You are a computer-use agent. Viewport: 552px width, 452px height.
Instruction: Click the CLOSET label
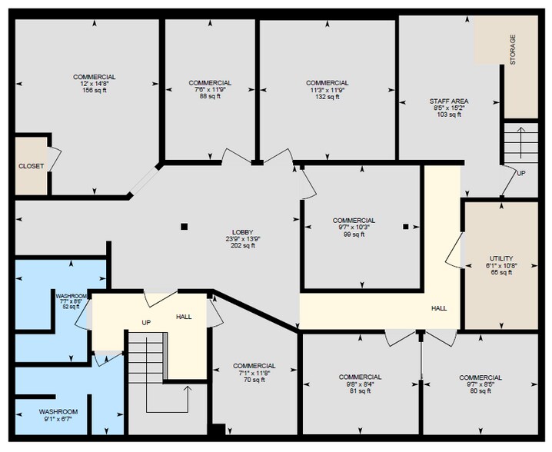pyautogui.click(x=32, y=166)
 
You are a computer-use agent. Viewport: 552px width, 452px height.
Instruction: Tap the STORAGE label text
pyautogui.click(x=513, y=49)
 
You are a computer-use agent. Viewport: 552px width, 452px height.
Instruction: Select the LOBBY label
pyautogui.click(x=242, y=232)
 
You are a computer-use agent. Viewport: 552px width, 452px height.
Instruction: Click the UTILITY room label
pyautogui.click(x=501, y=258)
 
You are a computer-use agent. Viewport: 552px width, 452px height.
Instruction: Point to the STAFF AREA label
pyautogui.click(x=449, y=101)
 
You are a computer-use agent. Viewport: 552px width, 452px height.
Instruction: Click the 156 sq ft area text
pyautogui.click(x=95, y=91)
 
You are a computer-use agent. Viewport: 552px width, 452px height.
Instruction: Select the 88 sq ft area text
pyautogui.click(x=210, y=96)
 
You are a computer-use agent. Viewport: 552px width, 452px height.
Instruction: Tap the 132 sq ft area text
pyautogui.click(x=328, y=96)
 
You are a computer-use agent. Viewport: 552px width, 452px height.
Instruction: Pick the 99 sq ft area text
pyautogui.click(x=354, y=234)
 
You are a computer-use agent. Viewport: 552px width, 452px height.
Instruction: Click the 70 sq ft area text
pyautogui.click(x=254, y=380)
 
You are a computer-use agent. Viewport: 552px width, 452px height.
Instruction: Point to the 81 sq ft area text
pyautogui.click(x=360, y=391)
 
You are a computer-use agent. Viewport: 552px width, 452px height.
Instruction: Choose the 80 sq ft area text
pyautogui.click(x=481, y=391)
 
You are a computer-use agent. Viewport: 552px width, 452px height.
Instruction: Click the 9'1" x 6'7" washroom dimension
pyautogui.click(x=58, y=419)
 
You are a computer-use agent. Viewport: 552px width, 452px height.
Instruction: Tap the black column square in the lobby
pyautogui.click(x=184, y=227)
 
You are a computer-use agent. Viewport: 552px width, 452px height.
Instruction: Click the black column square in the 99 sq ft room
pyautogui.click(x=406, y=227)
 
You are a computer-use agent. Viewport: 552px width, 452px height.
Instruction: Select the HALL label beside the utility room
pyautogui.click(x=439, y=308)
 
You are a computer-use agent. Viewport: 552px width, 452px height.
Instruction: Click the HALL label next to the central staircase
pyautogui.click(x=184, y=317)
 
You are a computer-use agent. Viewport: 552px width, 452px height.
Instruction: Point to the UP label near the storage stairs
pyautogui.click(x=521, y=173)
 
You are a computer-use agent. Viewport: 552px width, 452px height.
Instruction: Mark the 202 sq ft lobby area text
pyautogui.click(x=242, y=246)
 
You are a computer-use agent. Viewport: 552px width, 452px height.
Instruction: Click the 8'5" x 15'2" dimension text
pyautogui.click(x=449, y=108)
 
